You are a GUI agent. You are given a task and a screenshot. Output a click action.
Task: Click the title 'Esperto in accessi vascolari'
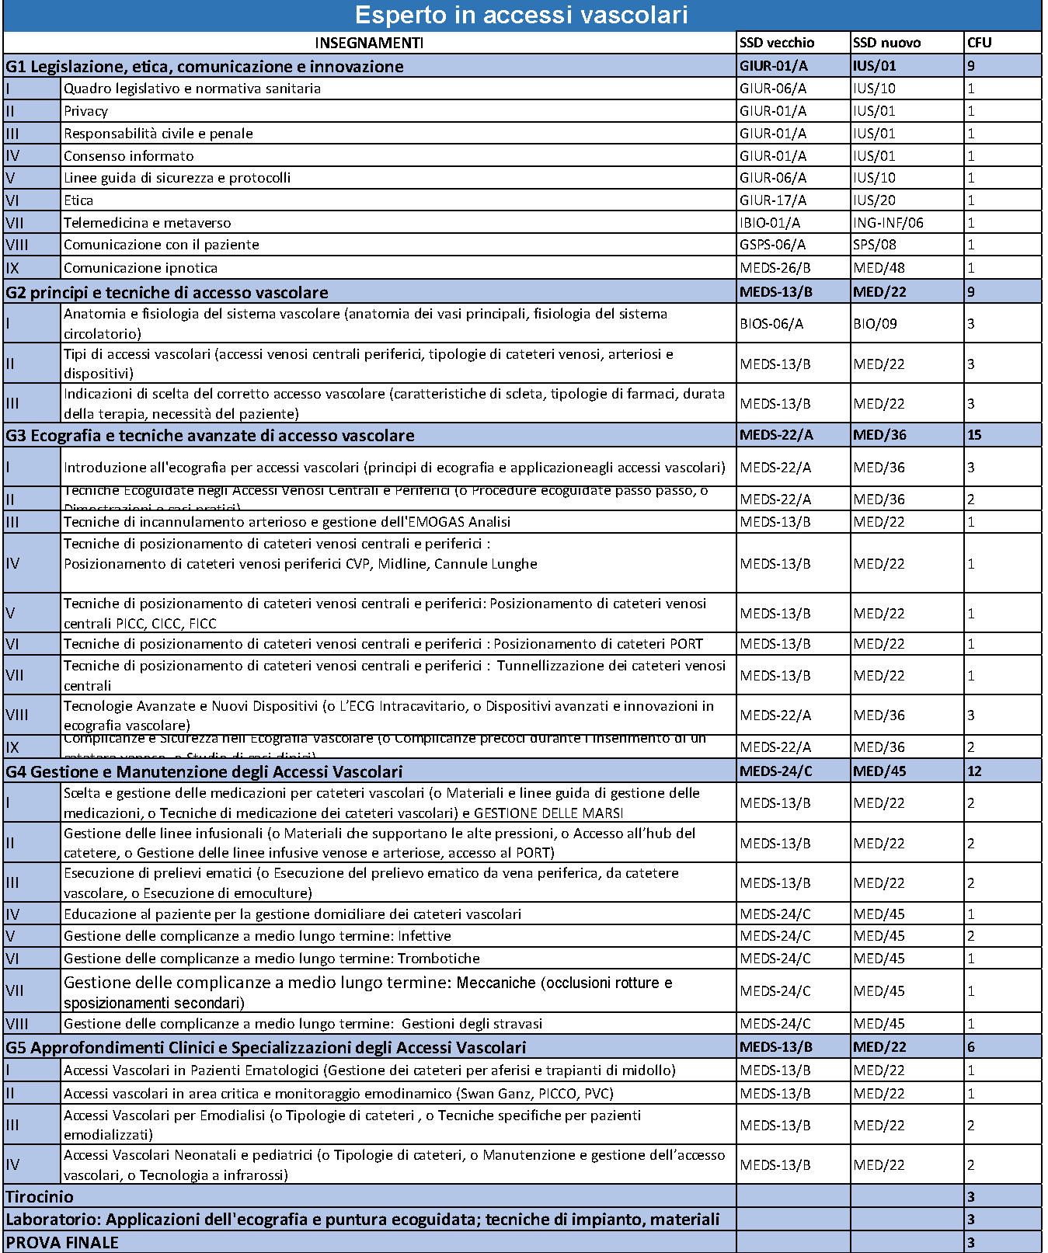click(x=521, y=16)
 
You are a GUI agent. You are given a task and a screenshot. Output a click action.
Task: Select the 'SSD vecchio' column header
click(x=777, y=43)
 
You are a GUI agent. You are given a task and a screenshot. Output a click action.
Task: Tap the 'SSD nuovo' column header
click(x=886, y=43)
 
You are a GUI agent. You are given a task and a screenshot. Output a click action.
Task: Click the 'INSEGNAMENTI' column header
click(x=369, y=43)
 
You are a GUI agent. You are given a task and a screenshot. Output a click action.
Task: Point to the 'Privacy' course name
click(x=85, y=111)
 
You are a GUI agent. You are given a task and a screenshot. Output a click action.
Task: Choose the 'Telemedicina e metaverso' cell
click(x=147, y=223)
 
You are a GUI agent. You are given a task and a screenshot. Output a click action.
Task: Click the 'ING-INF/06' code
click(x=888, y=223)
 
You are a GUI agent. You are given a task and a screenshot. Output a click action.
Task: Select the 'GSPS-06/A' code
click(x=772, y=245)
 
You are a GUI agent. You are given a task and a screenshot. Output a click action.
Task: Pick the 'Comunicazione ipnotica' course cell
click(x=141, y=268)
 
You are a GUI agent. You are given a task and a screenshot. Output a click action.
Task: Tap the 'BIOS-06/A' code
click(x=771, y=323)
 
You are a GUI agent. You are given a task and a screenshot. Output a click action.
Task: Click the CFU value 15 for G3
click(x=974, y=435)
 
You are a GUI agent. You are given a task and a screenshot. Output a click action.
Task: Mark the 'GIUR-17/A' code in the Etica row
click(x=772, y=200)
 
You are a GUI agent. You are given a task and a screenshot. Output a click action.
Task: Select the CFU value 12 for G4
click(x=974, y=771)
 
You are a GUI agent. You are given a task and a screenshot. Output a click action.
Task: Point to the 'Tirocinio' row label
click(x=40, y=1196)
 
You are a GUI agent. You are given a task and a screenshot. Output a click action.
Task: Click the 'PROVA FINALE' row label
click(x=62, y=1242)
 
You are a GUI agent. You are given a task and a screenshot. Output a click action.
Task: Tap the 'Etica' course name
click(x=78, y=200)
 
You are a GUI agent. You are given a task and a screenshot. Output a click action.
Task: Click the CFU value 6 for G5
click(x=971, y=1047)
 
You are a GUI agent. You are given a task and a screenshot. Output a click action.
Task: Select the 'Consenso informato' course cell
click(x=129, y=156)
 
